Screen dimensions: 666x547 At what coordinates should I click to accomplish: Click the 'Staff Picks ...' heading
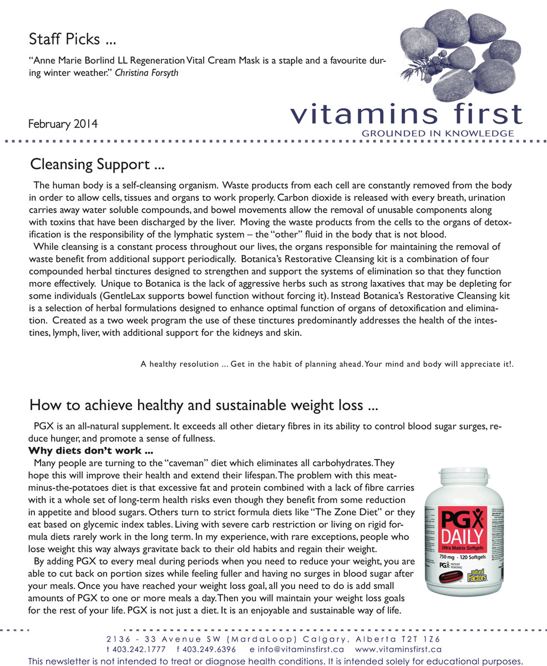point(73,39)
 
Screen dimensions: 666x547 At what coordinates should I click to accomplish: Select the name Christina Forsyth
point(146,73)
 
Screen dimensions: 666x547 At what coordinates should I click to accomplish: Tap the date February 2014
point(63,124)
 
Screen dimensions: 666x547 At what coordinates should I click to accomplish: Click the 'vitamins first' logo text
point(406,114)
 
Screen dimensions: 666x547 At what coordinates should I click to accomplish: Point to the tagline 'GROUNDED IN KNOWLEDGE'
point(437,134)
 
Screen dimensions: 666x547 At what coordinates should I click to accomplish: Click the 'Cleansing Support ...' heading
point(97,165)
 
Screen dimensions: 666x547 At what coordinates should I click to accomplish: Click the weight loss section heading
point(204,406)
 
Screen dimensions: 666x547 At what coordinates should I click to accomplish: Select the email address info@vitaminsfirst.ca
point(297,649)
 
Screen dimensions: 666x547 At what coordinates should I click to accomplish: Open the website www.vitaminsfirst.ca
point(398,649)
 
